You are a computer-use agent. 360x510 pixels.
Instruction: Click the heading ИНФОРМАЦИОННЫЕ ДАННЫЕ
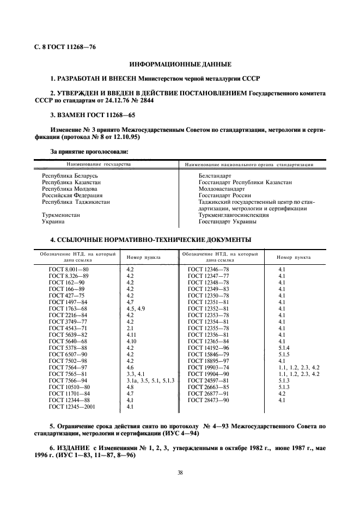coord(180,64)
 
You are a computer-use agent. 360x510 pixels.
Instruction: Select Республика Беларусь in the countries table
coord(69,176)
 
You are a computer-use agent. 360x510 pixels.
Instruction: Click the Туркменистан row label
coord(61,215)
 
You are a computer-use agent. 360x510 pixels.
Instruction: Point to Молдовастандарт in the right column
coord(222,189)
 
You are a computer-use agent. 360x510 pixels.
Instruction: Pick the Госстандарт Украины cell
coord(227,222)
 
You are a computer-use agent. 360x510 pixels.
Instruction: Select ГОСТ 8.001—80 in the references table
coord(68,269)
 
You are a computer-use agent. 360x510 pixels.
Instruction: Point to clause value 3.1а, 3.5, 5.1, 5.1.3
coord(150,380)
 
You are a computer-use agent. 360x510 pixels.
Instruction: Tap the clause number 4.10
coord(133,341)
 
